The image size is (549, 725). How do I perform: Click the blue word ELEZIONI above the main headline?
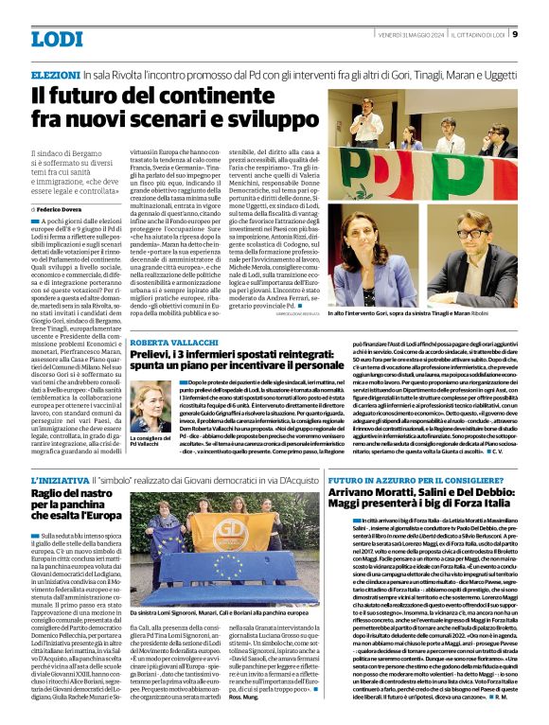tap(55, 73)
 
